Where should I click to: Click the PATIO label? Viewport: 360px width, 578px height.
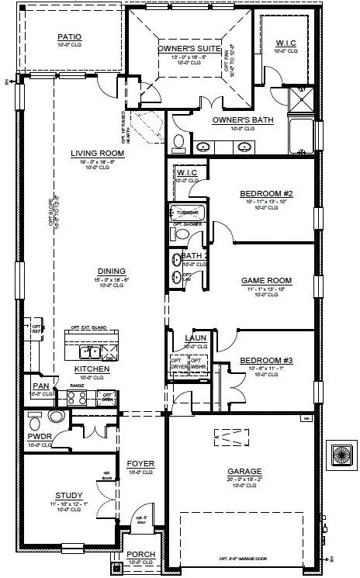point(69,36)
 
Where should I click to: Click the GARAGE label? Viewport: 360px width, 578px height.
point(244,471)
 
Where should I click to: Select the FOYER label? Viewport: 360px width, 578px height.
point(141,464)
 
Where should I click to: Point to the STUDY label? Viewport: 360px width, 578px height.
point(69,495)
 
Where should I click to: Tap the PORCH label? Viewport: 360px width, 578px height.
point(141,554)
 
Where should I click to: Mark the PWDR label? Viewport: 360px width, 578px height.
point(39,437)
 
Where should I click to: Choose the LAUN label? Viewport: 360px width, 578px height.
point(194,338)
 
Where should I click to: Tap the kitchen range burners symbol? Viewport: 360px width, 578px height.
point(78,398)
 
